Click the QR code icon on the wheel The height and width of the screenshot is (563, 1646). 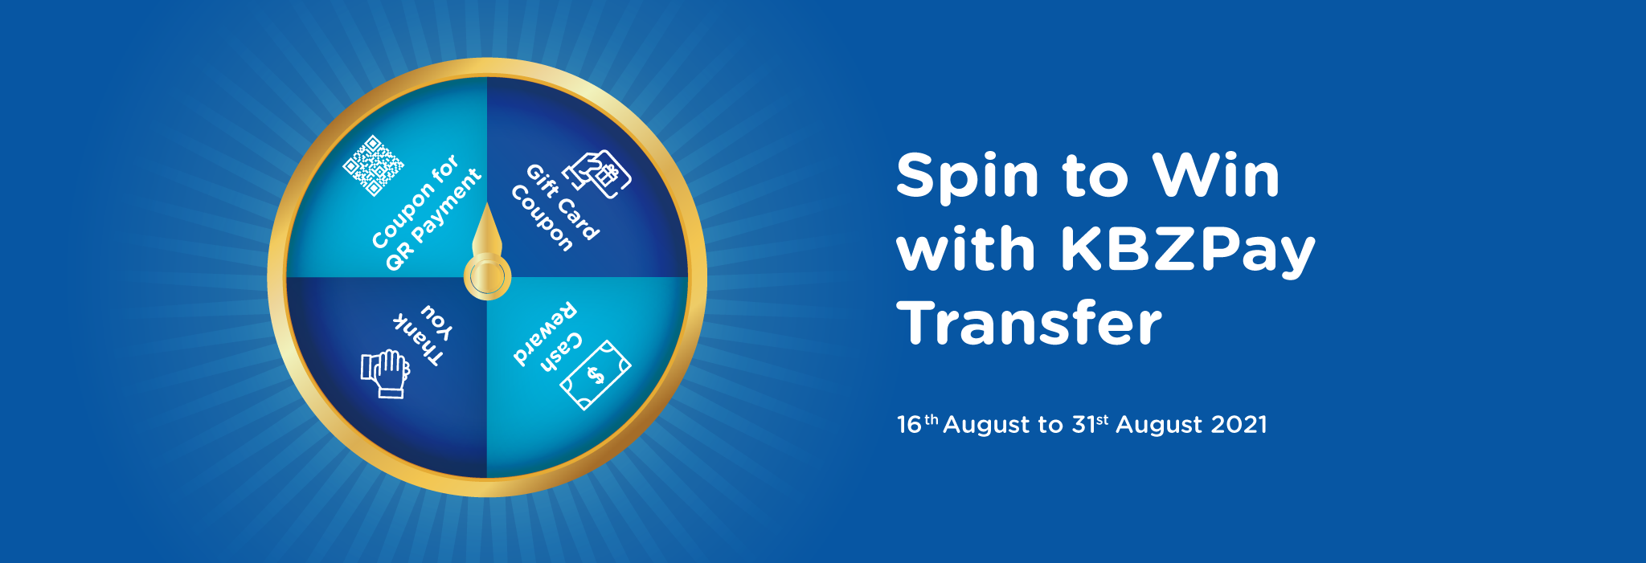(x=374, y=165)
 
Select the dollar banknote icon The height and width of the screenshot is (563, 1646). (x=596, y=375)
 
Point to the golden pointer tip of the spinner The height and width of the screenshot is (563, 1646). (x=487, y=204)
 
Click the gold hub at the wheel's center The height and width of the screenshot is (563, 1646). (x=487, y=277)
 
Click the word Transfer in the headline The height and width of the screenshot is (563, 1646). (x=1030, y=323)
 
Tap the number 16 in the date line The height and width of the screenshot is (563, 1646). (x=909, y=424)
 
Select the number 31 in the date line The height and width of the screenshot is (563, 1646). (x=1083, y=424)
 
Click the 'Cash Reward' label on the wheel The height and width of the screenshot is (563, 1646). (x=547, y=336)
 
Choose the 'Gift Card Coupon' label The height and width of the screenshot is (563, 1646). (x=555, y=207)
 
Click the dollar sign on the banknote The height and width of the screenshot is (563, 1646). (x=596, y=375)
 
